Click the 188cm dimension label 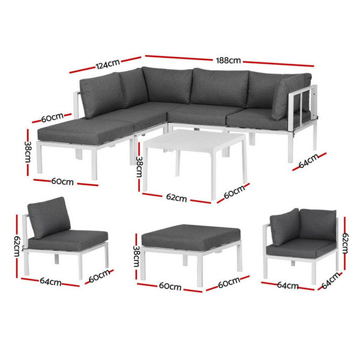(x=229, y=60)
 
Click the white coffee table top (x=194, y=142)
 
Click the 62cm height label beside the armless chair (x=18, y=245)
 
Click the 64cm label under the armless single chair (x=51, y=281)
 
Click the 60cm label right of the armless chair (x=100, y=276)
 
